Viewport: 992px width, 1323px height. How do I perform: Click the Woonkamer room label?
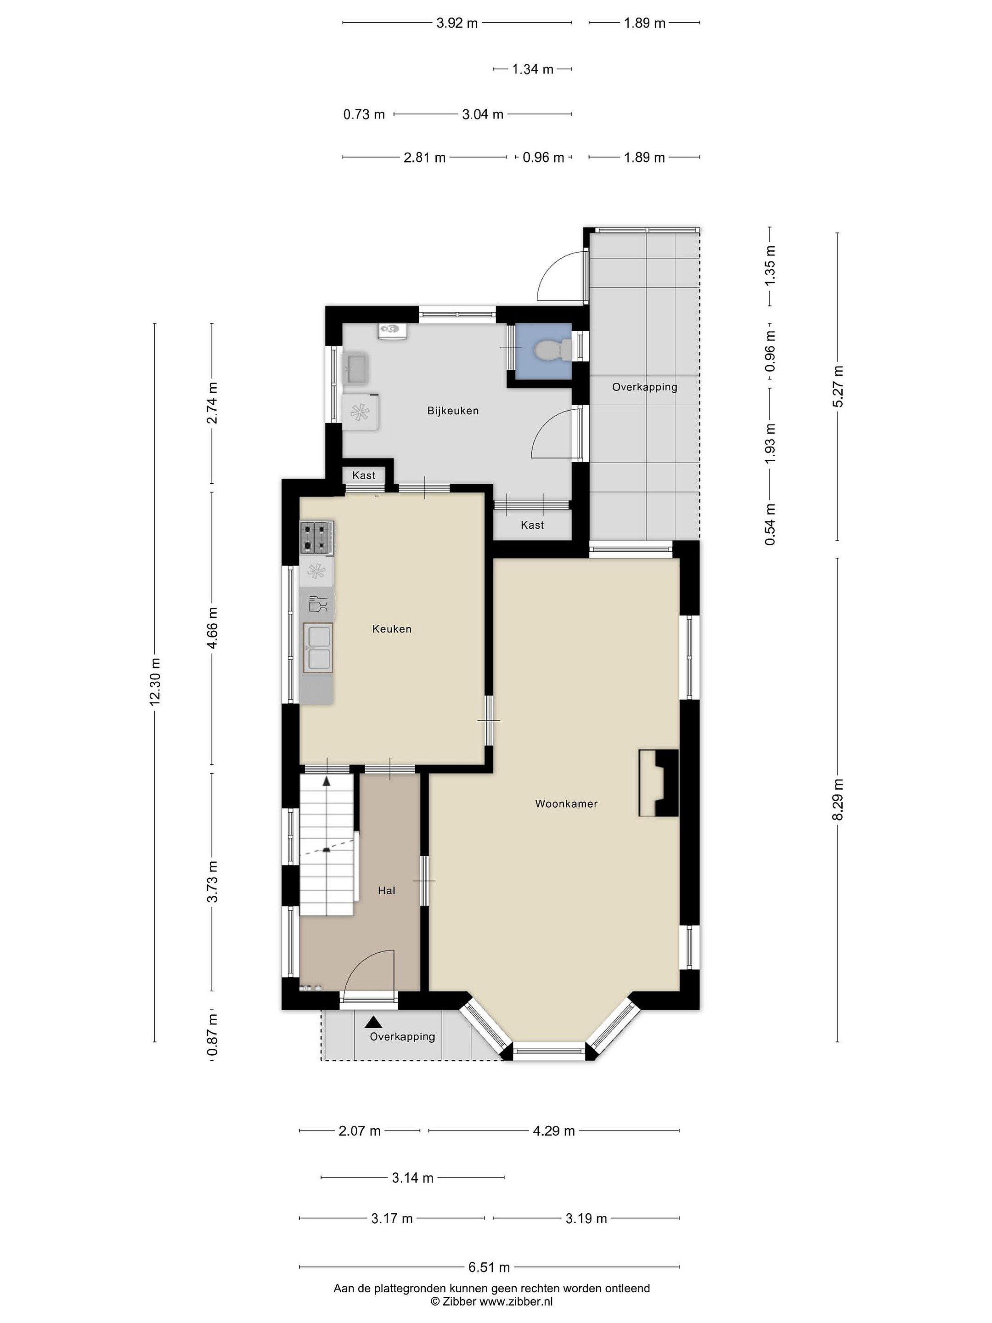tap(566, 803)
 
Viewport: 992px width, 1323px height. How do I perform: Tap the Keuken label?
tap(392, 628)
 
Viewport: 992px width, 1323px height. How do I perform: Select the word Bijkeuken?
tap(453, 410)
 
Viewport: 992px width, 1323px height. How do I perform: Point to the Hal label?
tap(386, 891)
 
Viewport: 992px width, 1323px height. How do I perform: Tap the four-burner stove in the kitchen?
tap(317, 537)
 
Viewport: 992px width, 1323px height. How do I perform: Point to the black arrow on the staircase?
tap(327, 780)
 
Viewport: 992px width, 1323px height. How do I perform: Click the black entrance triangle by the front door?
tap(374, 1022)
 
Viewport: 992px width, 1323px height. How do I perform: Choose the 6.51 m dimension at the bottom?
tap(489, 1267)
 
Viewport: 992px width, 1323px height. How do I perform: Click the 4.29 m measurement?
tap(554, 1131)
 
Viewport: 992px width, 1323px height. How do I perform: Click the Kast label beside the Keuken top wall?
tap(364, 475)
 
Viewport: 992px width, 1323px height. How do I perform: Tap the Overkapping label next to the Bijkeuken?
tap(645, 387)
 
